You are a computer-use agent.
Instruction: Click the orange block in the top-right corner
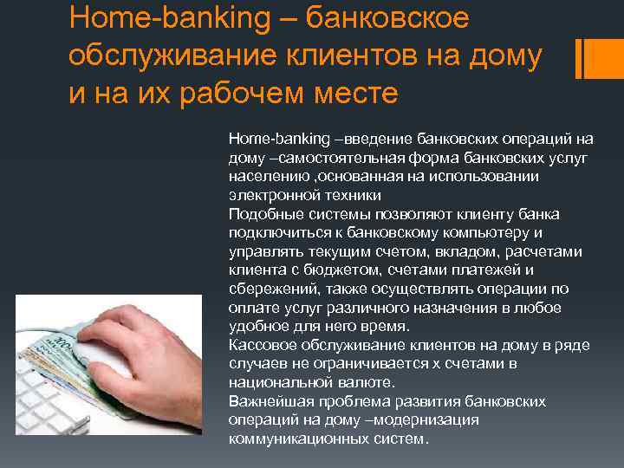(x=601, y=56)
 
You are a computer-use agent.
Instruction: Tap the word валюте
(x=368, y=382)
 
